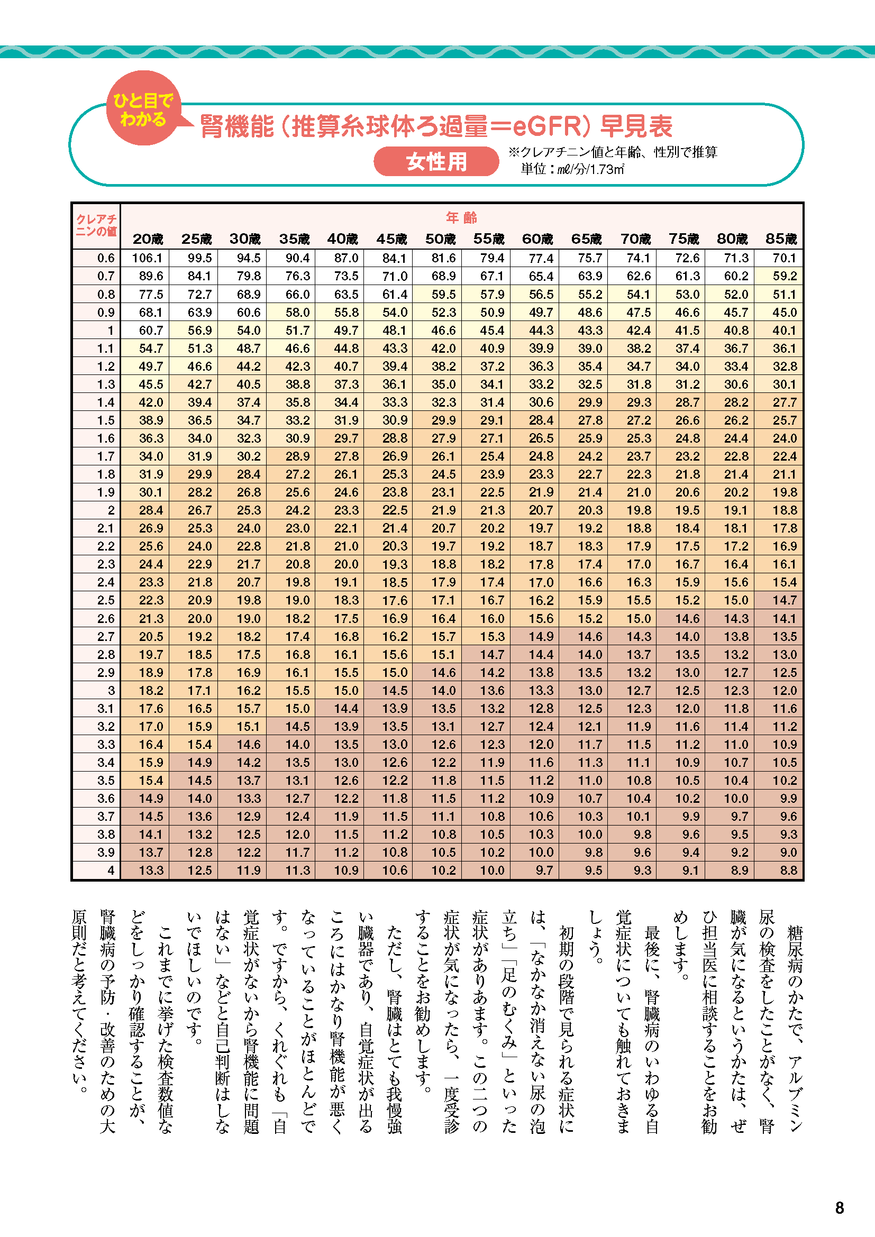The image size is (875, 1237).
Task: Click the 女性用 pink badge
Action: tap(436, 162)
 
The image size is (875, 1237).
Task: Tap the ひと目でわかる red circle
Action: tap(143, 108)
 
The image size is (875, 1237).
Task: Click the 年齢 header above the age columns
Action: tap(461, 218)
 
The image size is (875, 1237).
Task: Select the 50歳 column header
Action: tap(440, 239)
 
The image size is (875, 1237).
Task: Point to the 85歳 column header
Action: tap(781, 239)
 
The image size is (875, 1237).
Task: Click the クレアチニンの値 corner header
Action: tap(96, 225)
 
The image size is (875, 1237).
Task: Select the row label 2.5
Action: tap(106, 600)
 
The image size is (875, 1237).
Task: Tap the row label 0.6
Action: tap(106, 258)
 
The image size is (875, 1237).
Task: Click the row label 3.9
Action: tap(106, 853)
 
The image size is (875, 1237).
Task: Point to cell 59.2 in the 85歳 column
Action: tap(784, 277)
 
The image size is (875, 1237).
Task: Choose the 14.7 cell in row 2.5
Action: tap(784, 600)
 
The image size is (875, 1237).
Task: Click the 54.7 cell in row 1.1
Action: tap(150, 349)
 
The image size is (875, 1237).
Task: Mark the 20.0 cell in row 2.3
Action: tap(346, 564)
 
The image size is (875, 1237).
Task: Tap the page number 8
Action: tap(839, 1208)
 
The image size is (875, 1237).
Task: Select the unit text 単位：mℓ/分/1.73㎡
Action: tap(572, 169)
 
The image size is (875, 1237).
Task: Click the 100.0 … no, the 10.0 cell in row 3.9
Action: tap(541, 853)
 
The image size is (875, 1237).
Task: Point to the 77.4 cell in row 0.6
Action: tap(541, 258)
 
